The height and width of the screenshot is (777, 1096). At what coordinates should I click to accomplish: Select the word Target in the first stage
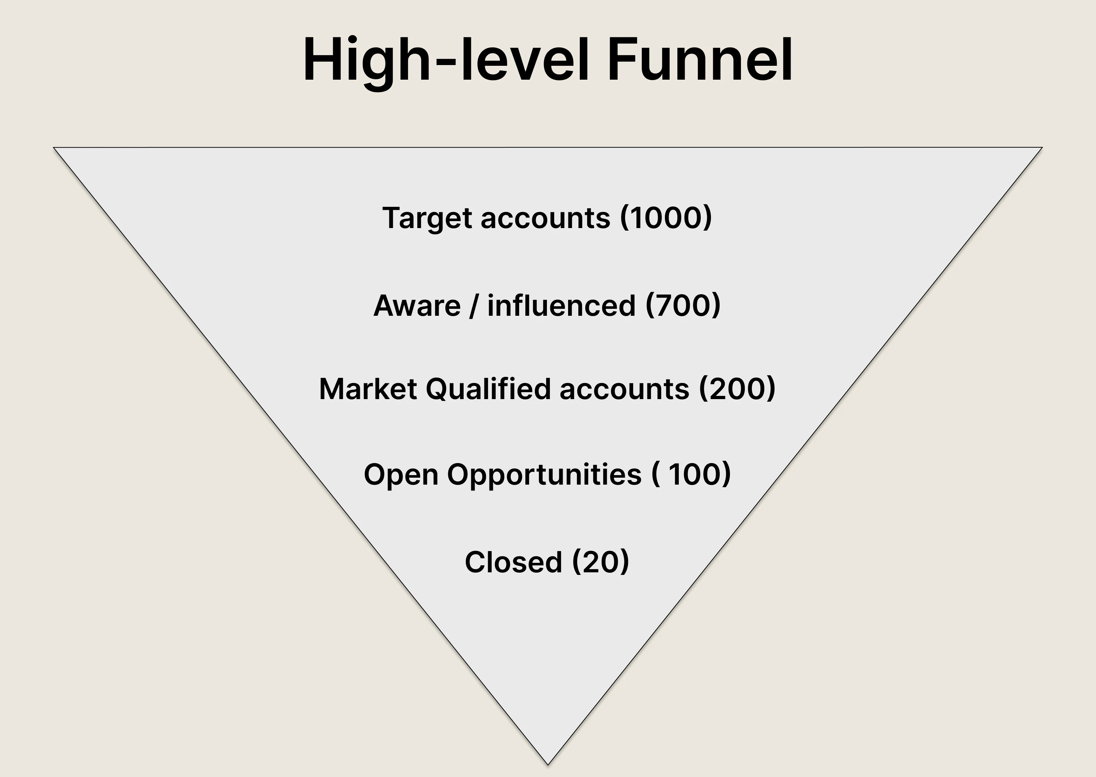(x=427, y=219)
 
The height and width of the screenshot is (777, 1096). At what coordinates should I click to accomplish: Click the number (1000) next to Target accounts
(x=666, y=218)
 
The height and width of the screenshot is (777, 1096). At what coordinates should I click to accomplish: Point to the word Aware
(x=417, y=306)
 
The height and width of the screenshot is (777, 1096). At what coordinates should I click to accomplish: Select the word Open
(x=401, y=475)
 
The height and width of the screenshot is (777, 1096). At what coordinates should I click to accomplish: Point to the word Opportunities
(x=544, y=475)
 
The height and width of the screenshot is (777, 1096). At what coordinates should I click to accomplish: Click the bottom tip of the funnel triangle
(x=548, y=765)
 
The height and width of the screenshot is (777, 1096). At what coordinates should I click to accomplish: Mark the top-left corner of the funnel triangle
(x=53, y=147)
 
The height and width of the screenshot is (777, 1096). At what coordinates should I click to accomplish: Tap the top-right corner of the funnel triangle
(x=1042, y=147)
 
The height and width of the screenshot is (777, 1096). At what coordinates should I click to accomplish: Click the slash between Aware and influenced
(x=474, y=306)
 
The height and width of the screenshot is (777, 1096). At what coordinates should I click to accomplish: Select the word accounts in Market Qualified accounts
(x=624, y=390)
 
